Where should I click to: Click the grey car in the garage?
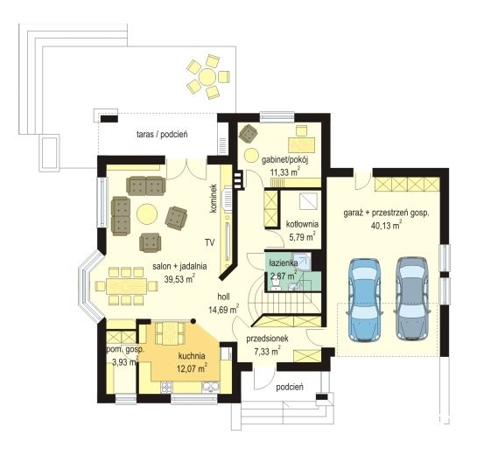click(x=412, y=298)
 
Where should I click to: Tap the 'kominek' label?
click(x=214, y=198)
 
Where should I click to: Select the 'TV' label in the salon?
click(x=209, y=242)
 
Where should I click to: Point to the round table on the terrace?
click(x=207, y=77)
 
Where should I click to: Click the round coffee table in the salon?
click(x=147, y=213)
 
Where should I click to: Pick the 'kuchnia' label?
click(x=192, y=355)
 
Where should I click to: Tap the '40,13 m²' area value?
click(x=386, y=225)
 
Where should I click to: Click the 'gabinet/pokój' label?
click(x=285, y=160)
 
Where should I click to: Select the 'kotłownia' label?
click(x=302, y=224)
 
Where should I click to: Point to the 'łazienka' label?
click(x=284, y=263)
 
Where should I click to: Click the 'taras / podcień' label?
click(x=162, y=134)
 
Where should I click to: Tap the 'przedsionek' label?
click(x=267, y=339)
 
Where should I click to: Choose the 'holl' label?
click(x=223, y=297)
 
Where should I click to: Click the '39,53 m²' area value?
click(x=179, y=278)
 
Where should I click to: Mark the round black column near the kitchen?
click(x=193, y=320)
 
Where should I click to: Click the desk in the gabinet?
click(x=301, y=144)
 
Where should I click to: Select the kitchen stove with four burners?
click(x=166, y=386)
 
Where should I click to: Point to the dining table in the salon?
click(x=126, y=286)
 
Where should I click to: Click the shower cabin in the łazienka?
click(x=301, y=261)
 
